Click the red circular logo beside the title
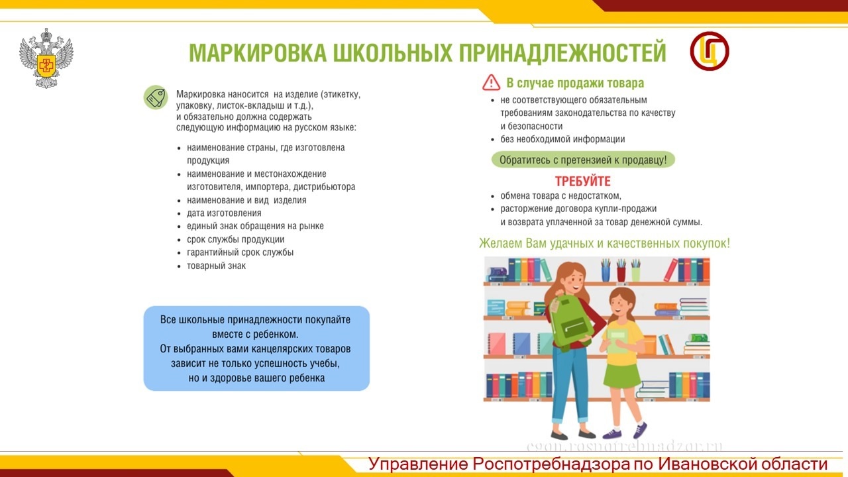click(x=710, y=51)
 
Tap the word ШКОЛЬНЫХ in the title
click(x=393, y=52)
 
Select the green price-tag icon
click(x=156, y=97)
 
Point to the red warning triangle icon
click(x=491, y=83)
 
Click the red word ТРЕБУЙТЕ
click(x=582, y=182)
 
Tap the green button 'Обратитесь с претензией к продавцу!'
click(x=583, y=160)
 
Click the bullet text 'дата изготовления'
click(x=224, y=213)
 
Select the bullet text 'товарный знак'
click(x=216, y=266)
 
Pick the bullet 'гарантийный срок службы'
click(x=240, y=252)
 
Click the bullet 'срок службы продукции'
click(x=235, y=239)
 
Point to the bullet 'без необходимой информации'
click(x=562, y=139)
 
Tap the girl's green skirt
click(x=621, y=376)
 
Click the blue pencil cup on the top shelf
click(x=606, y=274)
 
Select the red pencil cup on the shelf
click(x=621, y=274)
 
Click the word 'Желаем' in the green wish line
click(x=500, y=243)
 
